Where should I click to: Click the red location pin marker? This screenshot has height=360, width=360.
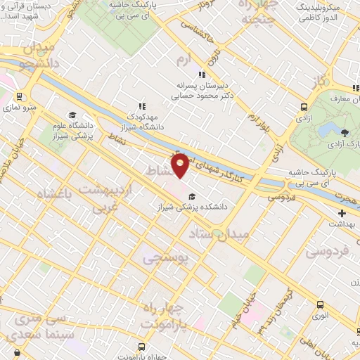tap(181, 165)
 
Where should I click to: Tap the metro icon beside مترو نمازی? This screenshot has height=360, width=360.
tap(19, 96)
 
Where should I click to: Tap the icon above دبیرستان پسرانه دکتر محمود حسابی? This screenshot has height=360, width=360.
tap(202, 74)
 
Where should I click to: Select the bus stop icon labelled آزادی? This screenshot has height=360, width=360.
tap(304, 108)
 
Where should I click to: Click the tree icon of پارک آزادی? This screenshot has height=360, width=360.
tap(343, 132)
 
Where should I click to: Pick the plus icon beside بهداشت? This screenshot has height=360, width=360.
tap(342, 213)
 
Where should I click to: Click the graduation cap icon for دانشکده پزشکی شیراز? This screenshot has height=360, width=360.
tap(193, 196)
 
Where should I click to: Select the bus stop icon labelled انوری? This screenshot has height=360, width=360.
tap(321, 305)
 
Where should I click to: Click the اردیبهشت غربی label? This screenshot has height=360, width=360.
tap(105, 196)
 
